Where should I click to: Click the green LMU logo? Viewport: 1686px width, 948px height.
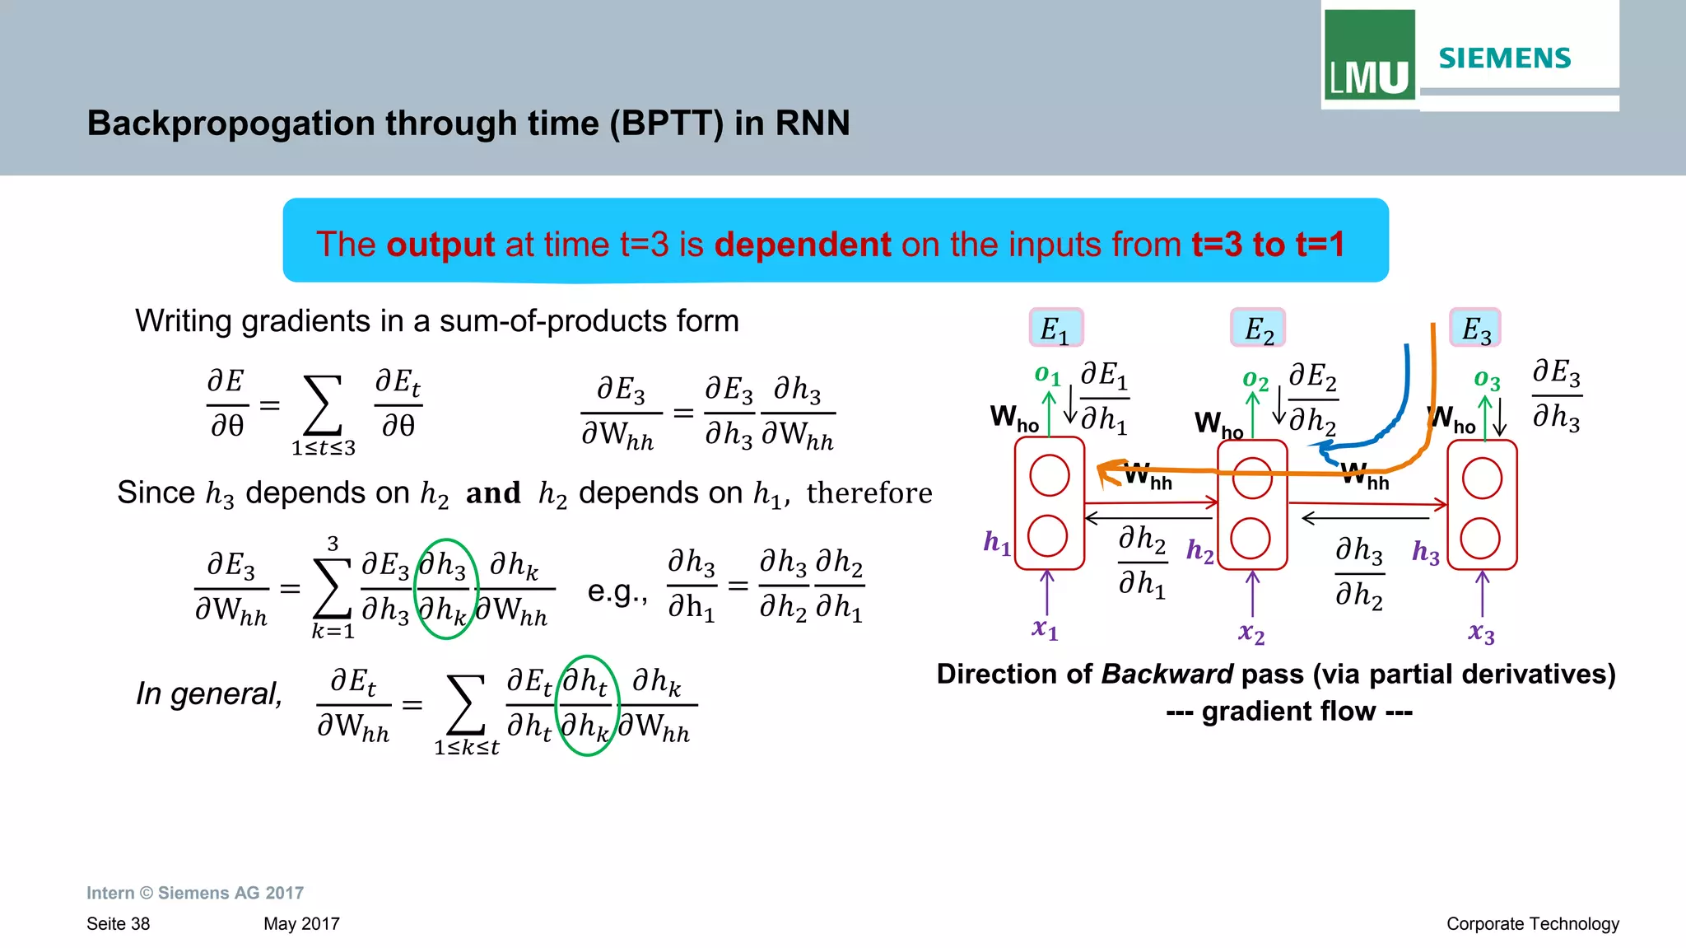pos(1369,55)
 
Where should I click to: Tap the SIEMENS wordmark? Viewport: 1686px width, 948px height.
pos(1505,58)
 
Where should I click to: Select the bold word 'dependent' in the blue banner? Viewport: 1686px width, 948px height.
pos(803,245)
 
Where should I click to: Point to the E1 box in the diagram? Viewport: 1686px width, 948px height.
pos(1055,328)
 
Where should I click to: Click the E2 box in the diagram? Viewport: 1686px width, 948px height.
pos(1258,329)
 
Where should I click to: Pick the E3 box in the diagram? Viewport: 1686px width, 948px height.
pos(1475,329)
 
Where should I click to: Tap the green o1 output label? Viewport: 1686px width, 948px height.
pos(1047,376)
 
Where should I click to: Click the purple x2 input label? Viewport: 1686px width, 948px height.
pos(1251,633)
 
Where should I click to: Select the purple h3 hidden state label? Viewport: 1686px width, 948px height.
pos(1426,552)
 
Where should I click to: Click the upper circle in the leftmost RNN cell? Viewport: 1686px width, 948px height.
pos(1050,476)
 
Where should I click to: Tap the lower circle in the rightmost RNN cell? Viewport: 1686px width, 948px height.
pos(1480,539)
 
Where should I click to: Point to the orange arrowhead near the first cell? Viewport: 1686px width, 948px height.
pos(1108,471)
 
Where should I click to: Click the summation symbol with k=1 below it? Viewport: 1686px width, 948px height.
pos(332,587)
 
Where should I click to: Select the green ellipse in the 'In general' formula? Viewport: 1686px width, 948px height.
pos(587,705)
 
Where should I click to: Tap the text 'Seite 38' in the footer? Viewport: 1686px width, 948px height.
pos(118,924)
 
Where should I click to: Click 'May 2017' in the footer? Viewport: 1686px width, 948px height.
pos(301,924)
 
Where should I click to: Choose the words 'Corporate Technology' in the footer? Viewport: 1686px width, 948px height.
pos(1532,924)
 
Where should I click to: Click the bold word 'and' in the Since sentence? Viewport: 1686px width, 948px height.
pos(493,493)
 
